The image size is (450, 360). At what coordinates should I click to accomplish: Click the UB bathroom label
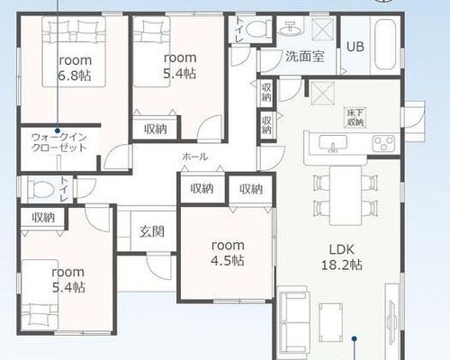pyautogui.click(x=355, y=47)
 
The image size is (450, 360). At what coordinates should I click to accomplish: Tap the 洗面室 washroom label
pyautogui.click(x=305, y=56)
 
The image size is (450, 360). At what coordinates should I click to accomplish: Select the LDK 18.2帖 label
pyautogui.click(x=342, y=257)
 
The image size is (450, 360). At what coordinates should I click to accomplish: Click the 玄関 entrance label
pyautogui.click(x=152, y=231)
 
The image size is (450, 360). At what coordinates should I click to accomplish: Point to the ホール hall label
pyautogui.click(x=195, y=157)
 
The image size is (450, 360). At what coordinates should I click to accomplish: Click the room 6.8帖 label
pyautogui.click(x=75, y=67)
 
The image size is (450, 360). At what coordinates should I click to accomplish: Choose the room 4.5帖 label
pyautogui.click(x=228, y=253)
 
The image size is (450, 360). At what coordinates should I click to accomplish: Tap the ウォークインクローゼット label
pyautogui.click(x=58, y=142)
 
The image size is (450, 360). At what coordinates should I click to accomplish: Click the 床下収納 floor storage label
pyautogui.click(x=355, y=118)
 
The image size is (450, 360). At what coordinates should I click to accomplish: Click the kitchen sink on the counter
pyautogui.click(x=333, y=143)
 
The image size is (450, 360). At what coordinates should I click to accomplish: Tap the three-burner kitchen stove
pyautogui.click(x=383, y=143)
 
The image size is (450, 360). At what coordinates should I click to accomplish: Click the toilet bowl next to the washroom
pyautogui.click(x=256, y=30)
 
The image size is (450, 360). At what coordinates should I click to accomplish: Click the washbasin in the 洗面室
pyautogui.click(x=291, y=28)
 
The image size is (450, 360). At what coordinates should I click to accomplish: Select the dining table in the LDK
pyautogui.click(x=346, y=195)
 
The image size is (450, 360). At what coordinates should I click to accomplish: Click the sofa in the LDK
pyautogui.click(x=293, y=321)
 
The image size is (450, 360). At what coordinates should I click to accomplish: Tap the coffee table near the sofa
pyautogui.click(x=331, y=322)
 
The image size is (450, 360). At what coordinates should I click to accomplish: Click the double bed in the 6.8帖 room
pyautogui.click(x=74, y=51)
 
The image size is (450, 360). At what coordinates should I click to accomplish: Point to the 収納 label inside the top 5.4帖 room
pyautogui.click(x=156, y=129)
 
